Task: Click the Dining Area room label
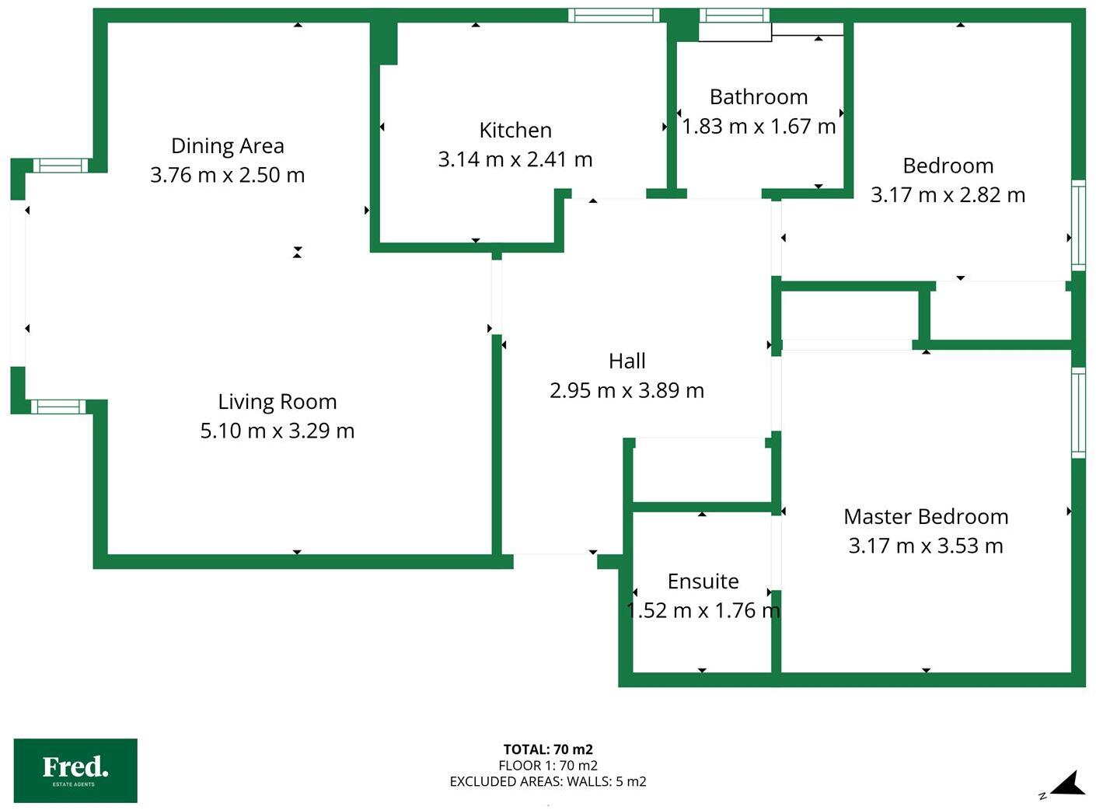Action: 227,146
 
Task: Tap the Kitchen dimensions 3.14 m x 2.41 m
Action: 515,159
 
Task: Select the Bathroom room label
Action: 758,97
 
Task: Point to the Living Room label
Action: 277,402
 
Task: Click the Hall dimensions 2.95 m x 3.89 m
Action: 627,390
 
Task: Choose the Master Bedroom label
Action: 925,517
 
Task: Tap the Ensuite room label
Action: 703,581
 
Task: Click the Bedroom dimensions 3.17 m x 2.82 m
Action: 948,195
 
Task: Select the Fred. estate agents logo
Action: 75,770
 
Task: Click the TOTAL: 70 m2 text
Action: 548,749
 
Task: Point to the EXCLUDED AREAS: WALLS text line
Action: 548,781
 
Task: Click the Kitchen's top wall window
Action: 613,15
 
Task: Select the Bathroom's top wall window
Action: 734,15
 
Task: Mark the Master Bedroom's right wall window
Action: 1078,412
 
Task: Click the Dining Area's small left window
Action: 61,165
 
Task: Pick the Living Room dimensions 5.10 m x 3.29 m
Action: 277,431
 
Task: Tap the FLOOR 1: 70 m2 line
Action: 548,766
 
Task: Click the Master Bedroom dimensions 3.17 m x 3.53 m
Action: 925,546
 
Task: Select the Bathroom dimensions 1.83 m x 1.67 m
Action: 758,126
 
